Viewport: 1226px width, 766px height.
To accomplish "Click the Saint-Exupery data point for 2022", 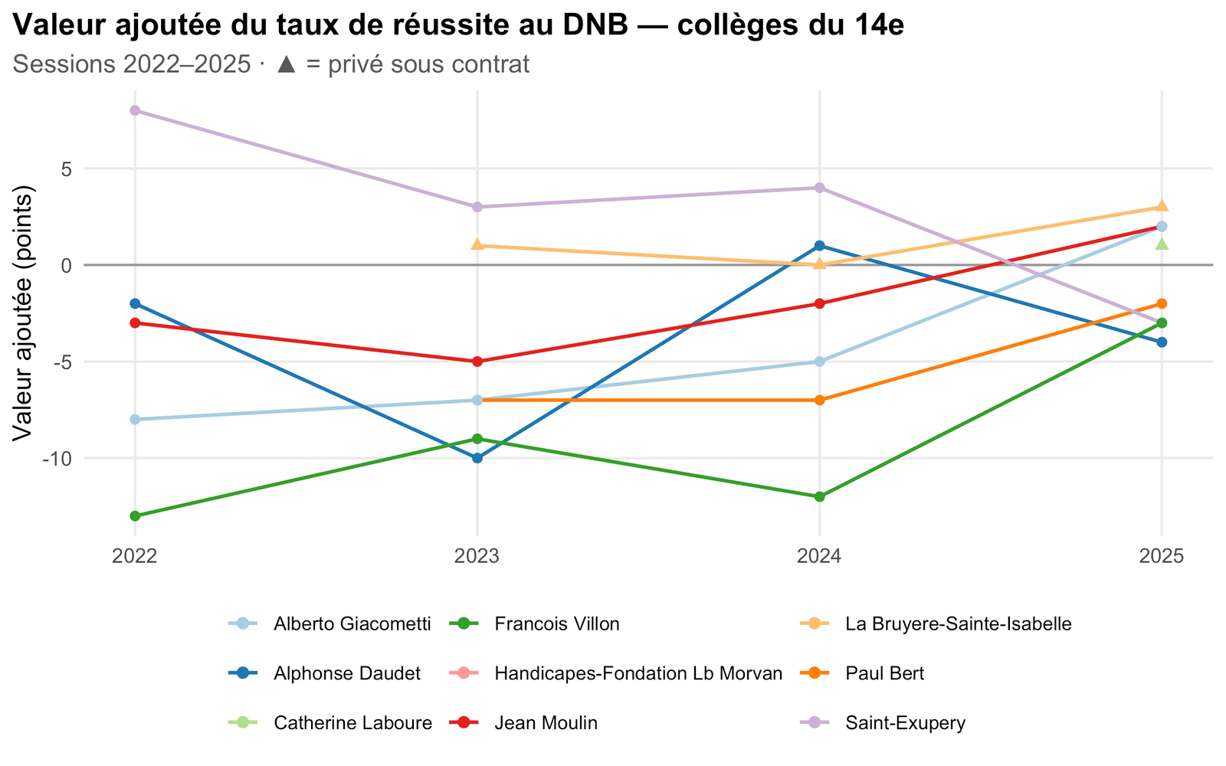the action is pyautogui.click(x=135, y=110).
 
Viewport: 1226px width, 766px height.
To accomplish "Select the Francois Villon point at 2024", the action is pyautogui.click(x=819, y=497).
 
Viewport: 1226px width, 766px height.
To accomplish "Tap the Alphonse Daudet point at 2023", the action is pyautogui.click(x=477, y=458).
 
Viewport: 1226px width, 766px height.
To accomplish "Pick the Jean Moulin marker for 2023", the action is pyautogui.click(x=477, y=362).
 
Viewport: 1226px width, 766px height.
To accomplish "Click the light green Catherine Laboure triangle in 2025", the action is pyautogui.click(x=1162, y=244).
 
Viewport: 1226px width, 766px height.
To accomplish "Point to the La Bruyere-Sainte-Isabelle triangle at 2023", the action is pyautogui.click(x=477, y=244).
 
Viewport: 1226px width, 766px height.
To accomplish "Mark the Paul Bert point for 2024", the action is pyautogui.click(x=819, y=400).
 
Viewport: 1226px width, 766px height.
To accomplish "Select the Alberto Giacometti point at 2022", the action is pyautogui.click(x=135, y=420).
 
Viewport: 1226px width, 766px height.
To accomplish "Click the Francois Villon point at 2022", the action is pyautogui.click(x=135, y=516).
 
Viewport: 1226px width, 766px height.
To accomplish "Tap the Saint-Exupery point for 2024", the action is pyautogui.click(x=819, y=188).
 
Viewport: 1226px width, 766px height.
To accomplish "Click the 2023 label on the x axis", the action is pyautogui.click(x=477, y=556).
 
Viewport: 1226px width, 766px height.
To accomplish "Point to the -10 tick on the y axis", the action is pyautogui.click(x=58, y=459).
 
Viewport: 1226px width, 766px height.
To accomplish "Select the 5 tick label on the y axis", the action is pyautogui.click(x=67, y=169).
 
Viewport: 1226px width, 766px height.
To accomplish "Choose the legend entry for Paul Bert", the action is pyautogui.click(x=884, y=673).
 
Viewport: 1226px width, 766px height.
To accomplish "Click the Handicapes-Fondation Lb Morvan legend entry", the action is pyautogui.click(x=638, y=673).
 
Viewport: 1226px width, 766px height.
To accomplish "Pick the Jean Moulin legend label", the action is pyautogui.click(x=546, y=723).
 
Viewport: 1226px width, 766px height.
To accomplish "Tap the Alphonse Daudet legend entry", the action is pyautogui.click(x=347, y=673).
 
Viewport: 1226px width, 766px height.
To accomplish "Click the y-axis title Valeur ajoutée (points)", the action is pyautogui.click(x=23, y=313).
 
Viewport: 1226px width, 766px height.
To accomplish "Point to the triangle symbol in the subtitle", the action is pyautogui.click(x=287, y=64).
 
